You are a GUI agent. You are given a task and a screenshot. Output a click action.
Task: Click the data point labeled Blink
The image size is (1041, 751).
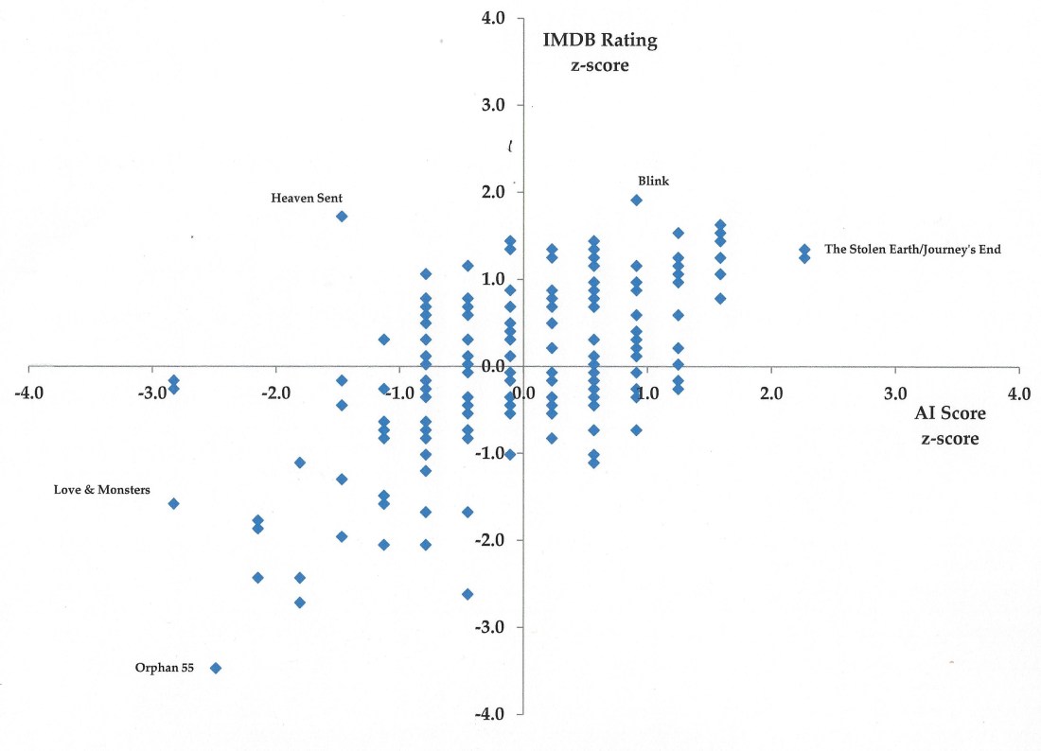(x=636, y=200)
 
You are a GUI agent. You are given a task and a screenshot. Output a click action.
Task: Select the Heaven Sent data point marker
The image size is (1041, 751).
(x=342, y=216)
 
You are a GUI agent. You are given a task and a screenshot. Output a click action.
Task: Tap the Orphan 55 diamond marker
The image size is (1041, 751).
(x=216, y=668)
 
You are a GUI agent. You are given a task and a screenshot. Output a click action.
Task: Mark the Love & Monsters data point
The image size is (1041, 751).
(x=173, y=503)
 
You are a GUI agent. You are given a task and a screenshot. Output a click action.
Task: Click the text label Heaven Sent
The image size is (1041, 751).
(x=307, y=199)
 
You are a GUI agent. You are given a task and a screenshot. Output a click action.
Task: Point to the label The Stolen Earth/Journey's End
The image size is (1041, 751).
(x=912, y=250)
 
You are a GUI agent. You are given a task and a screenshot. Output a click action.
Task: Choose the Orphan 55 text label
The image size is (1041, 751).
(x=165, y=668)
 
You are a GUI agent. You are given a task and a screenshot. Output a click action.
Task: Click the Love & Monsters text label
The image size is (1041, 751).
(x=102, y=490)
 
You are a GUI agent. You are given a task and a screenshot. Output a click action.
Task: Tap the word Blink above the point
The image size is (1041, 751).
(x=653, y=181)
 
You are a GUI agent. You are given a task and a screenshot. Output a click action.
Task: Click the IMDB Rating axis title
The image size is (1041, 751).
(x=599, y=41)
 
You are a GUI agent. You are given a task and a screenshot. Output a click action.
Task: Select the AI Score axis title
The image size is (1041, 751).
(x=950, y=413)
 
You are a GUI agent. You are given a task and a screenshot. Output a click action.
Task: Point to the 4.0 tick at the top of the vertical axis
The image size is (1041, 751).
(x=494, y=18)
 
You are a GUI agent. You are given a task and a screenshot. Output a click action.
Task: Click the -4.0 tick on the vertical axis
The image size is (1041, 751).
(x=492, y=713)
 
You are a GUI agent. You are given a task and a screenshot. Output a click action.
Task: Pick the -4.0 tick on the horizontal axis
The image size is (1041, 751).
(x=28, y=393)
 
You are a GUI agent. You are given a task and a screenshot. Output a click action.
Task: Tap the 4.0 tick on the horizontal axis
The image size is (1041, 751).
(x=1018, y=393)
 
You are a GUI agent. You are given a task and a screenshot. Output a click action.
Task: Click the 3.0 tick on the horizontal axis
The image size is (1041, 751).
(x=895, y=393)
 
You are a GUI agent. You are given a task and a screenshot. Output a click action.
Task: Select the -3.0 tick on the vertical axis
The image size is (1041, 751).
(x=492, y=627)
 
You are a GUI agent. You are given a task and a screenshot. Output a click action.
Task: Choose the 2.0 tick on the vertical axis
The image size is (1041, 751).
(x=494, y=192)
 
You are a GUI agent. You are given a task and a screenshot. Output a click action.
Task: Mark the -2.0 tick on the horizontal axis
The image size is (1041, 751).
(x=275, y=393)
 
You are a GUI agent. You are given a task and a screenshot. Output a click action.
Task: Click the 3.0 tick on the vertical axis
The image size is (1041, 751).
(x=494, y=105)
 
